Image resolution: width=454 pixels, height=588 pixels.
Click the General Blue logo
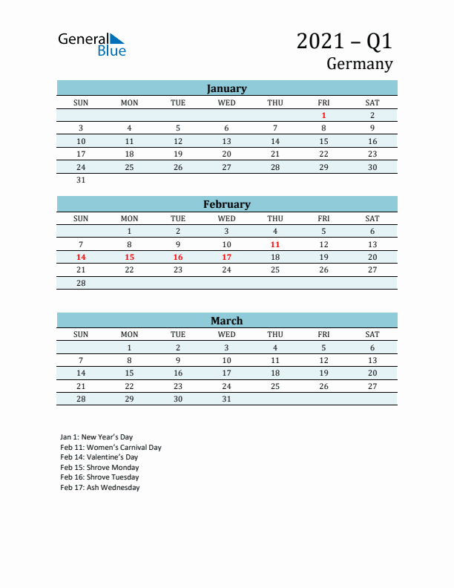point(92,44)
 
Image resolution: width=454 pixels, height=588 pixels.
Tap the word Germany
point(359,64)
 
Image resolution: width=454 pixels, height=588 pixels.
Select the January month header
point(226,88)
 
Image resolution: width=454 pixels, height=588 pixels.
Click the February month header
point(226,204)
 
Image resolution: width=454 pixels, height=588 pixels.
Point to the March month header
point(226,321)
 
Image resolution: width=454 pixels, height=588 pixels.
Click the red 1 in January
point(323,115)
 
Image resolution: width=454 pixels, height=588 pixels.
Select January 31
point(81,180)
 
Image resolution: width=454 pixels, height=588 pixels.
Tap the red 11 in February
point(275,244)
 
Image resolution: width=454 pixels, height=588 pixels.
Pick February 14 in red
point(81,257)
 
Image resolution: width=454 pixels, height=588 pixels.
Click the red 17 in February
point(226,257)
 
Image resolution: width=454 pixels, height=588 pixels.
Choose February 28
point(81,283)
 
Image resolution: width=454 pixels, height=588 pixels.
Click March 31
point(226,399)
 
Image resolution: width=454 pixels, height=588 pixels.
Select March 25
point(275,386)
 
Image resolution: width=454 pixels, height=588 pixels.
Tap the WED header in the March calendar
point(226,334)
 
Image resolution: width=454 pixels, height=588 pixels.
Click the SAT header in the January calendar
point(372,102)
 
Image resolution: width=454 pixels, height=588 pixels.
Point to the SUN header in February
point(81,218)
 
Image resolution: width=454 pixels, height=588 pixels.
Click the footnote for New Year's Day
point(96,437)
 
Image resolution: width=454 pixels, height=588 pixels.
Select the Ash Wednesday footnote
point(100,488)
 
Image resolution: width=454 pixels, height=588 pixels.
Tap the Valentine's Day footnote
point(99,457)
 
